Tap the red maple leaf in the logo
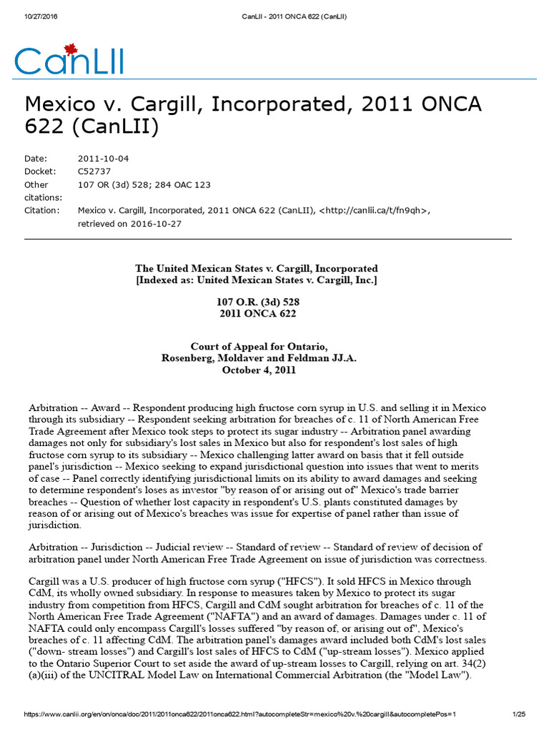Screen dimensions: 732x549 tap(70, 49)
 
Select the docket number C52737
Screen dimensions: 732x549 tap(93, 172)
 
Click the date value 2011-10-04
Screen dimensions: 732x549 tap(103, 159)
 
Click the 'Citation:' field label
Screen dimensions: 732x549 tap(42, 210)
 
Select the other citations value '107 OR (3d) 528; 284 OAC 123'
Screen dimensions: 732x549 tap(144, 184)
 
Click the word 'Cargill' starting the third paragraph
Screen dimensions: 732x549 tap(44, 582)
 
